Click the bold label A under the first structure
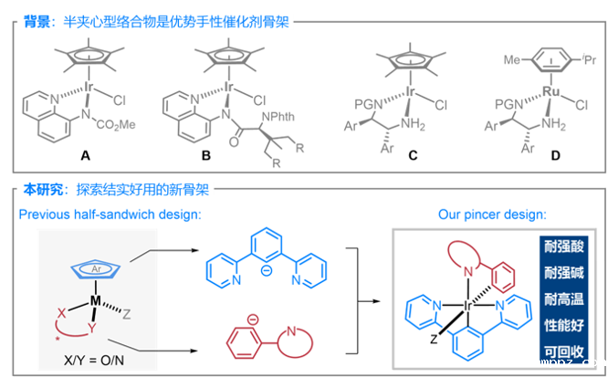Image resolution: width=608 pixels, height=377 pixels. click(x=85, y=156)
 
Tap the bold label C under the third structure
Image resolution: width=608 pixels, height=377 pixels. click(x=414, y=156)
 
